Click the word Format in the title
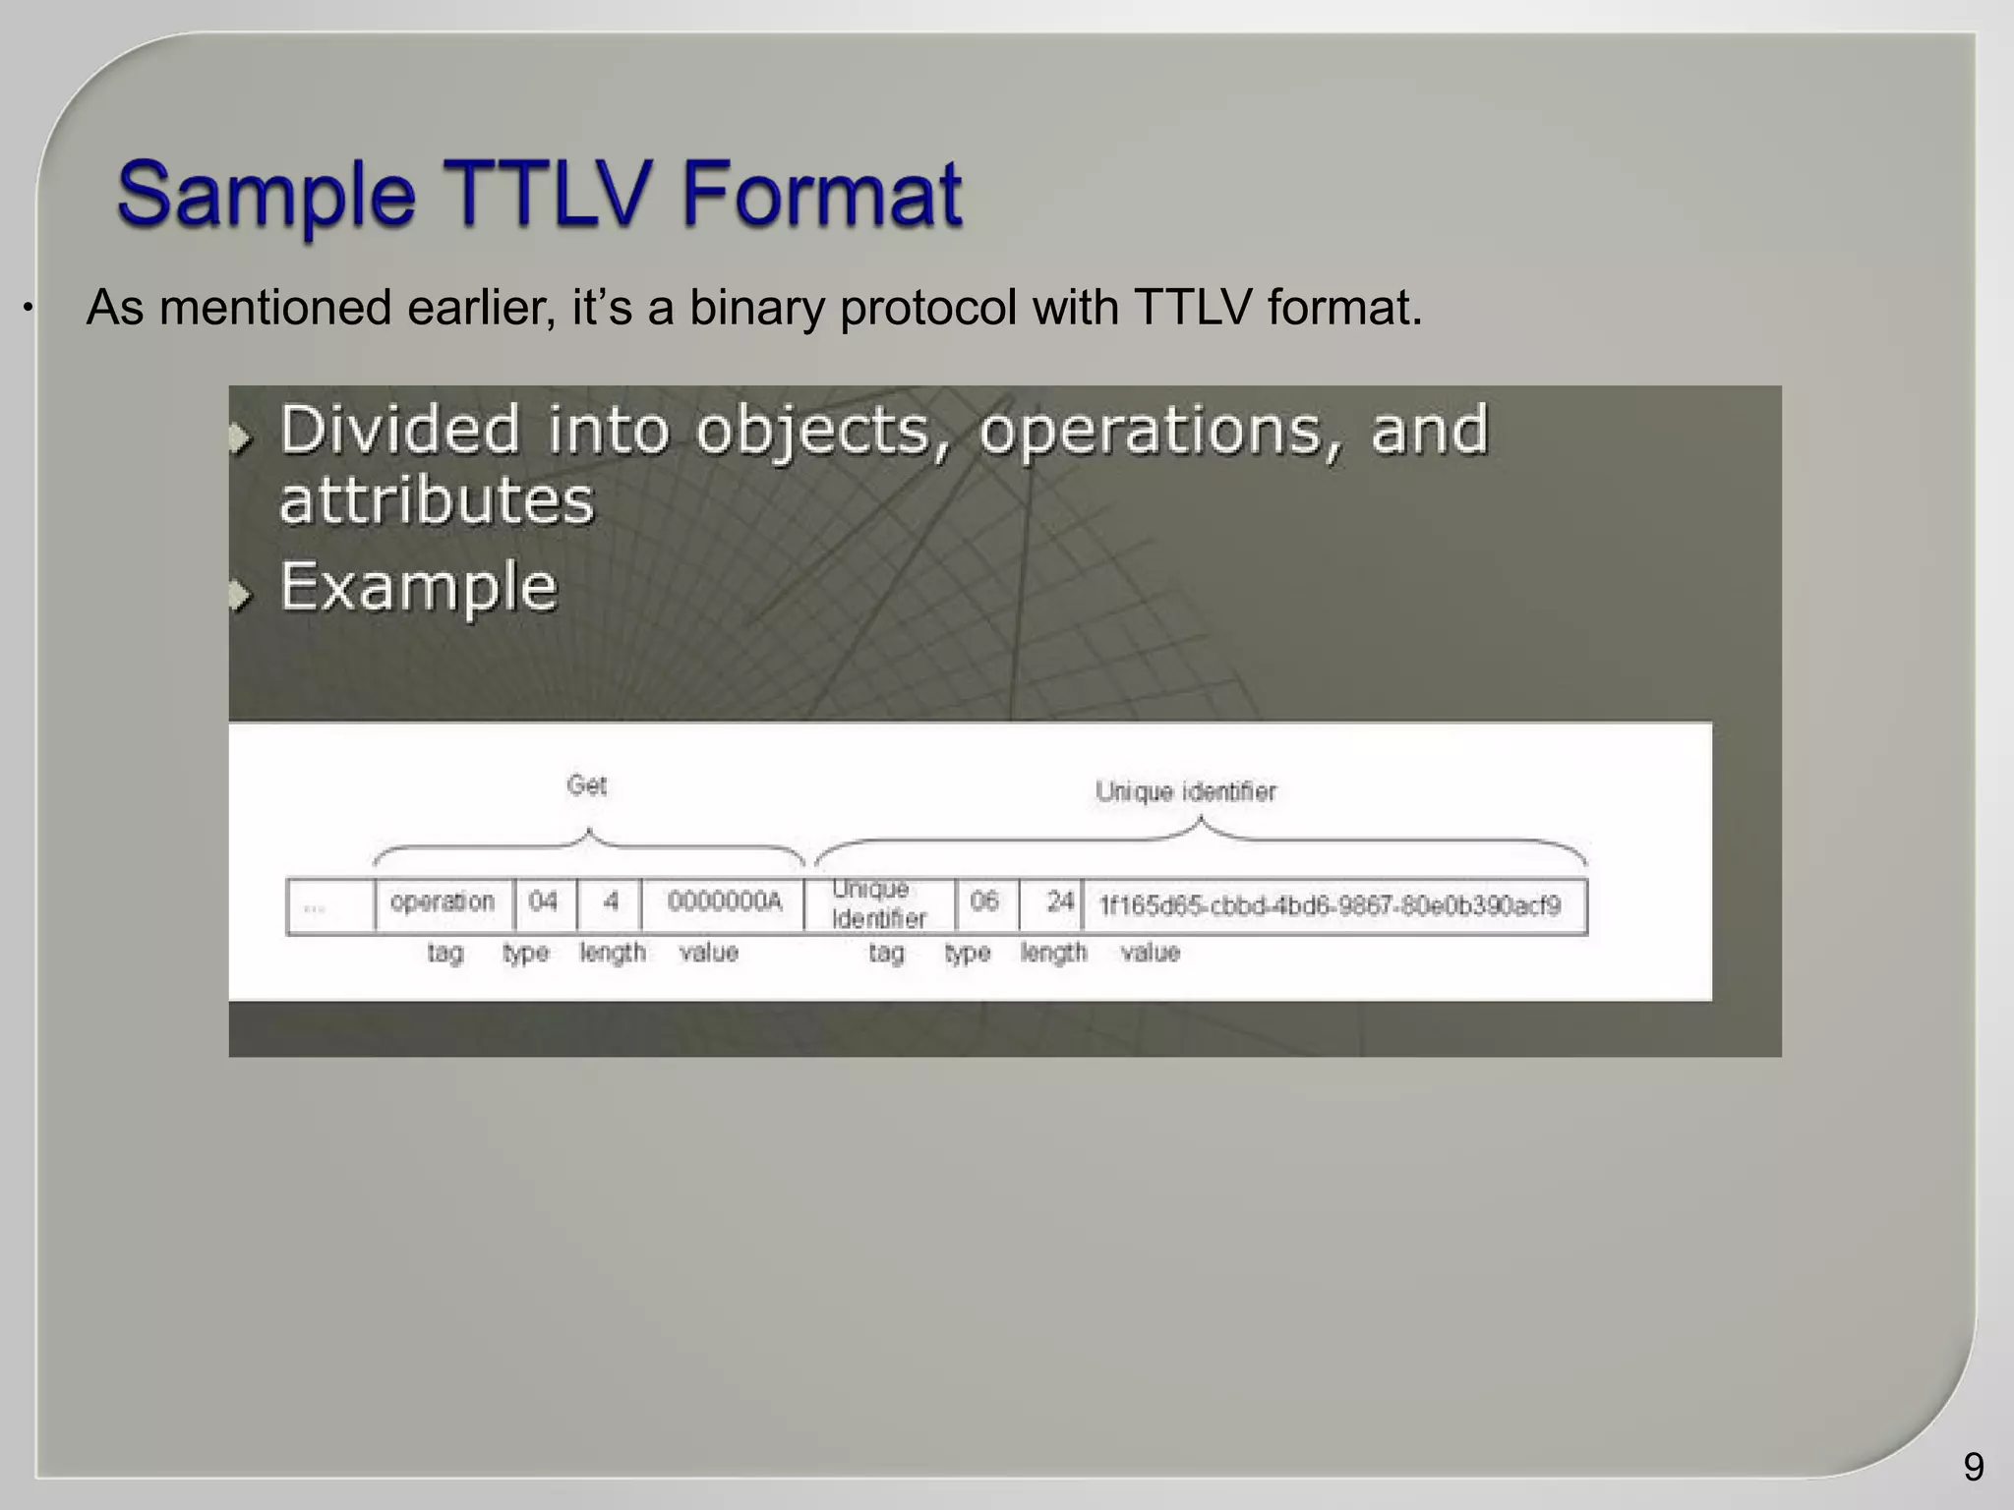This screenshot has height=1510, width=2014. tap(821, 193)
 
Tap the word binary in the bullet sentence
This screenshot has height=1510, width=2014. tap(755, 308)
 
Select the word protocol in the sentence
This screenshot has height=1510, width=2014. tap(927, 308)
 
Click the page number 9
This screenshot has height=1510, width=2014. tap(1973, 1467)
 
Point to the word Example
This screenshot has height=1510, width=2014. tap(419, 587)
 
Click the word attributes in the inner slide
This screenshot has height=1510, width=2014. tap(437, 500)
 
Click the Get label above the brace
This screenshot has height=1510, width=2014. tap(587, 785)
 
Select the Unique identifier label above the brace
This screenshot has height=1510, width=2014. tap(1185, 791)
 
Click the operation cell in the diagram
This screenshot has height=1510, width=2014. tap(443, 902)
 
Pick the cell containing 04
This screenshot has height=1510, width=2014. tap(544, 901)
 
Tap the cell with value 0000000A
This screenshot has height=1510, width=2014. tap(724, 901)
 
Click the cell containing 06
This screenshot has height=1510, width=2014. tap(984, 901)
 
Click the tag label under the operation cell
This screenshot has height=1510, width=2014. tap(445, 953)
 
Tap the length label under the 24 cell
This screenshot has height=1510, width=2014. tap(1053, 953)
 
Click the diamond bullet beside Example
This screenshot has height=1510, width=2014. tap(241, 594)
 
